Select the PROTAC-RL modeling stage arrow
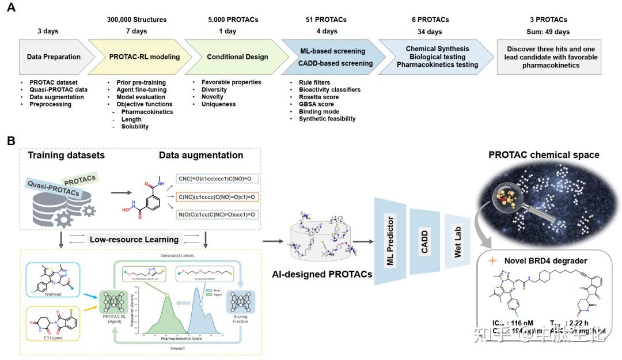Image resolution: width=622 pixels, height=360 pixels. point(144,56)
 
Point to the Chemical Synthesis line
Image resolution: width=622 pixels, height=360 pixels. point(437,49)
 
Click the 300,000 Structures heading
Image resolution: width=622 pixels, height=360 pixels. point(136,20)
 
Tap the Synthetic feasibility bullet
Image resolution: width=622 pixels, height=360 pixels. point(327,119)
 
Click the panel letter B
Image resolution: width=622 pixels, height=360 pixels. point(11,141)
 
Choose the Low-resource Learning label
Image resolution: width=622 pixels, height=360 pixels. point(134,239)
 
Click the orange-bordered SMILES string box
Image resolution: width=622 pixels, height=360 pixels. point(215,197)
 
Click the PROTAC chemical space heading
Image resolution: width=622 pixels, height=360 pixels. point(544,154)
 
